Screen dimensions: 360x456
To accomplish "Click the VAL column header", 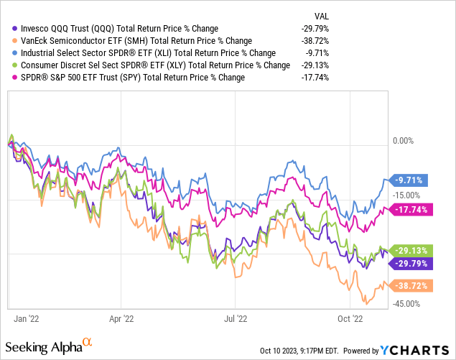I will tap(322, 16).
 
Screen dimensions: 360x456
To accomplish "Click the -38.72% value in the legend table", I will tap(314, 41).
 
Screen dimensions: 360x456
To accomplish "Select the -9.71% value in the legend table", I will tap(316, 52).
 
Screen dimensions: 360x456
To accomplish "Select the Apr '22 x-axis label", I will tap(122, 316).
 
